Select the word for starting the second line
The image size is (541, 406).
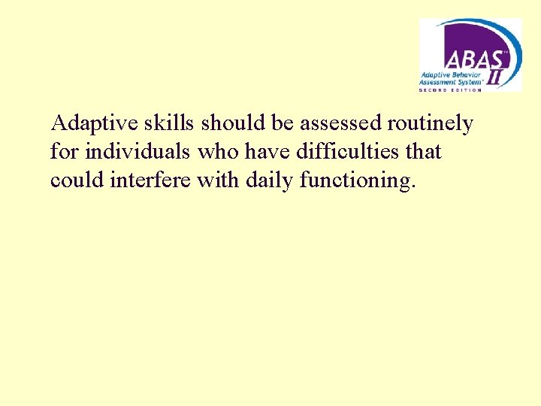click(x=65, y=152)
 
